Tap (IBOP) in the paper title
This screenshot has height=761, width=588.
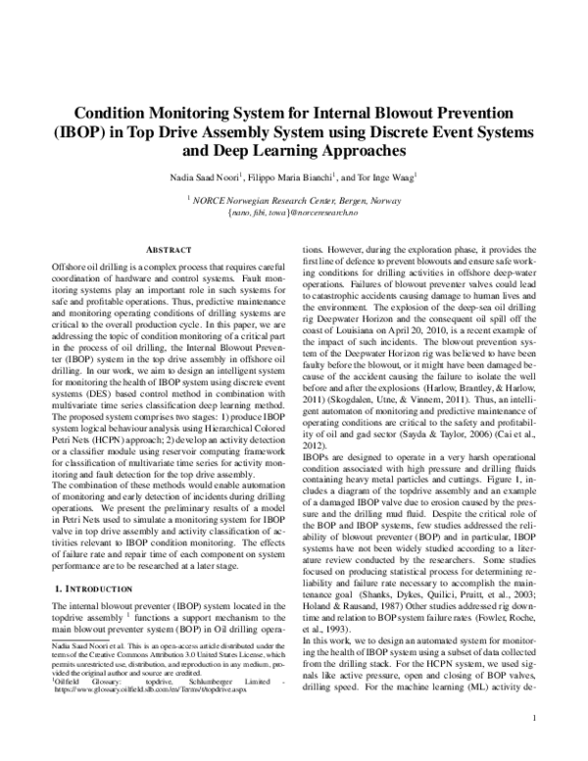point(92,132)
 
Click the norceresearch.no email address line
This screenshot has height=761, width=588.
point(295,212)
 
